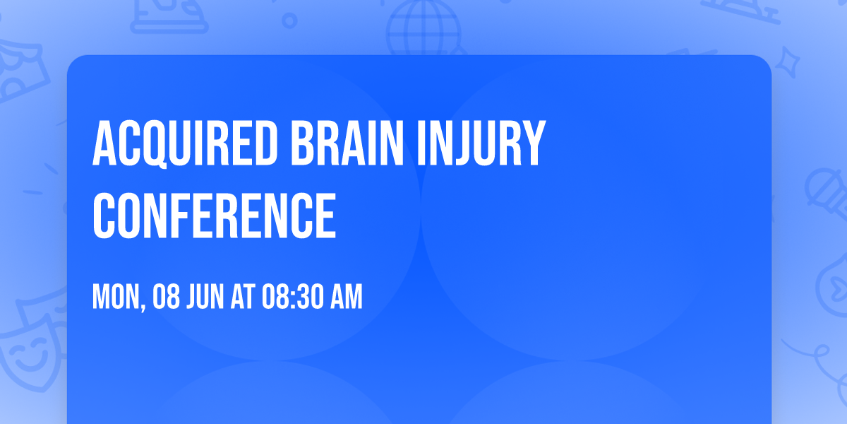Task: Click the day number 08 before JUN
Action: (167, 298)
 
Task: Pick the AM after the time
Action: (346, 298)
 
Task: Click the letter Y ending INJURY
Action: (534, 143)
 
